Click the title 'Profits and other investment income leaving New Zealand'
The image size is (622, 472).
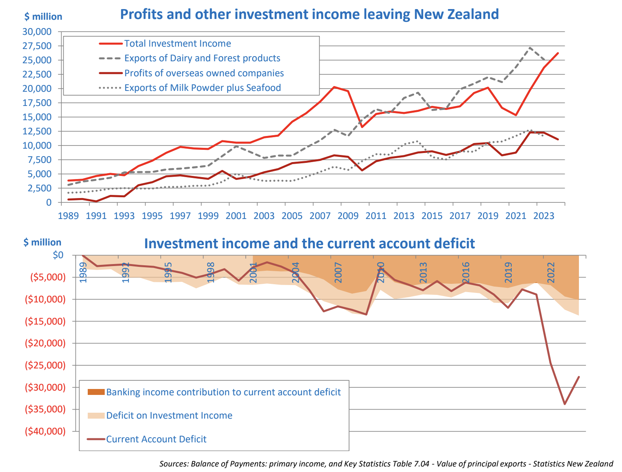pos(309,14)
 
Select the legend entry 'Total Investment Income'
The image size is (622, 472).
pos(177,43)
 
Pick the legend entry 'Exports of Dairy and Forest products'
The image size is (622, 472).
pos(202,58)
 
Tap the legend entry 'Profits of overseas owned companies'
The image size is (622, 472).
pos(204,73)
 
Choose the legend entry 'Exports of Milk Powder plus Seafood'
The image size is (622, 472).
pos(202,88)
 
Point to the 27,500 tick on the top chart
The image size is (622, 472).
pos(37,46)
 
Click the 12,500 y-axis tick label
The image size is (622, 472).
pos(37,131)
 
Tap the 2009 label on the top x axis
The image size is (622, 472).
pos(348,216)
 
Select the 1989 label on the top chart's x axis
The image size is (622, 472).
pos(68,216)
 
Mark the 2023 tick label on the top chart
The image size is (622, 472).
pos(544,216)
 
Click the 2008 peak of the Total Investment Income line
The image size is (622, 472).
pos(334,87)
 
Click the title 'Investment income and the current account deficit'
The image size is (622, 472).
pos(309,244)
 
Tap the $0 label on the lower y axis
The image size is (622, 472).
pos(58,255)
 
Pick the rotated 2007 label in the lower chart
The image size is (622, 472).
pos(338,273)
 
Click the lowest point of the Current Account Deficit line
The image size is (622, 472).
pos(565,404)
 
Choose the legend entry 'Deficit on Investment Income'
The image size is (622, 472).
pos(169,415)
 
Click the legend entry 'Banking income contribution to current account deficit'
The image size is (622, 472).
pos(223,392)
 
